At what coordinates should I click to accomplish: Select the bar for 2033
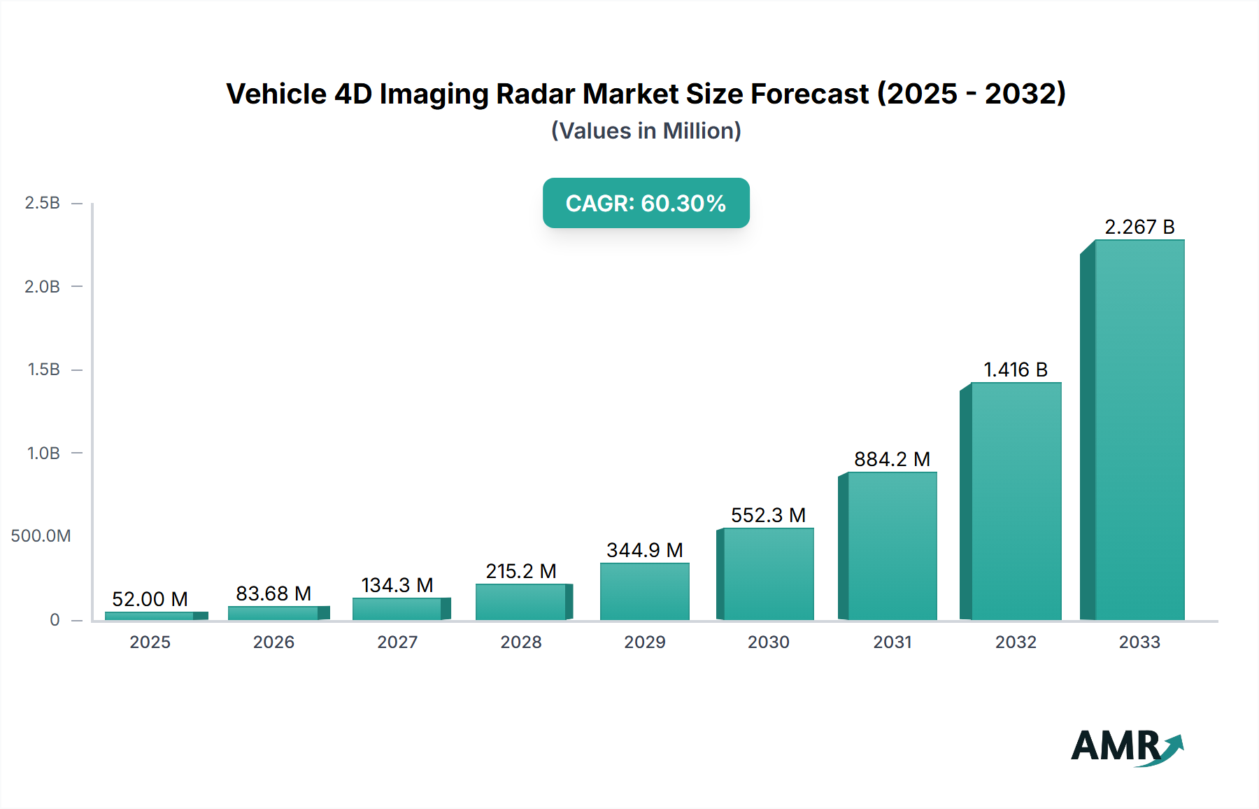pos(1139,430)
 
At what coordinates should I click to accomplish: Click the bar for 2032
pos(1016,501)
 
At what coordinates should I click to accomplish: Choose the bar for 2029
pos(644,591)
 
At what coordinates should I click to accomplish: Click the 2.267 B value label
pos(1139,227)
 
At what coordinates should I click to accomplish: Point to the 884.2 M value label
pos(892,459)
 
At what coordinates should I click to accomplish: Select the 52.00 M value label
pos(150,599)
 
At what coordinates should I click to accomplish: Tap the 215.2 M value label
pos(521,571)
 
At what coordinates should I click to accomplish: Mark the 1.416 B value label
pos(1016,370)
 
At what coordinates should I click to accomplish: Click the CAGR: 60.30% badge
pos(646,203)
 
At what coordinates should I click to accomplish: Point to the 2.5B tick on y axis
pos(43,203)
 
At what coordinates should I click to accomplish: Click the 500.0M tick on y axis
pos(41,536)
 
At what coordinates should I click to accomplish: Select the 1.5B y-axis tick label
pos(43,370)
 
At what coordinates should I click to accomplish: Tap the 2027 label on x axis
pos(397,642)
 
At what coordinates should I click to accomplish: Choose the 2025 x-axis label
pos(150,642)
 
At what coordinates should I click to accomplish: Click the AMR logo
pos(1126,747)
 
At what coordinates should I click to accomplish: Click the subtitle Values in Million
pos(646,131)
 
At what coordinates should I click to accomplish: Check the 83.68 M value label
pos(273,593)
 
